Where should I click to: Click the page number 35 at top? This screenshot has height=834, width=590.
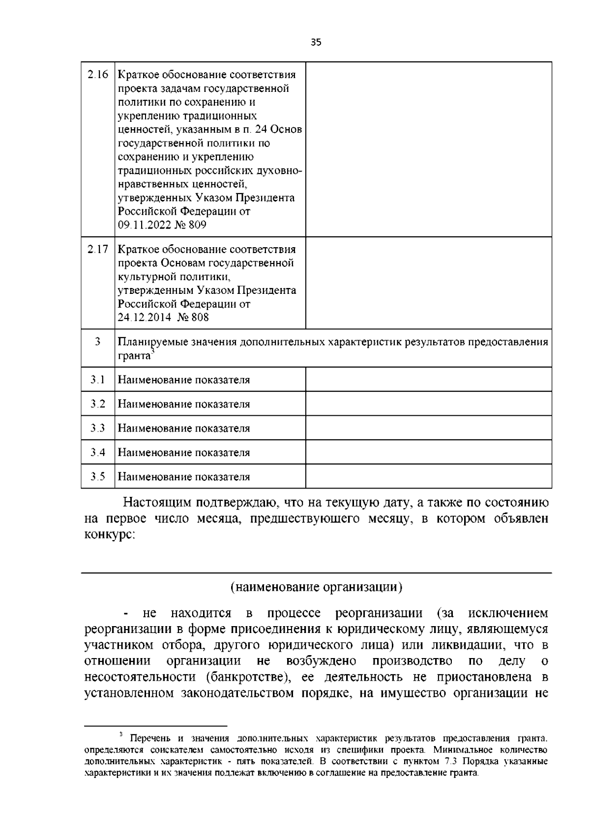[316, 42]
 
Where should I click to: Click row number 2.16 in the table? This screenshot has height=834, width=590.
[97, 75]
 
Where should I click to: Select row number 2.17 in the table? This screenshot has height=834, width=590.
[97, 249]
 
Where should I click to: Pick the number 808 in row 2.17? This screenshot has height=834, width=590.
[200, 317]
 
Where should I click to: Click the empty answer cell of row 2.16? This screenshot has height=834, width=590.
[428, 149]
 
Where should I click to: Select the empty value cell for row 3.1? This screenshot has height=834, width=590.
[428, 379]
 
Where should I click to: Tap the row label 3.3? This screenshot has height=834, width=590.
[97, 428]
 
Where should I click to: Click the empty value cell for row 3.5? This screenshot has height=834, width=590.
[428, 476]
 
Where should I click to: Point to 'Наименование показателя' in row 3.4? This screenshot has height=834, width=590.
[184, 453]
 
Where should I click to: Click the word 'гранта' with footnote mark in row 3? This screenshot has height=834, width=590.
[133, 356]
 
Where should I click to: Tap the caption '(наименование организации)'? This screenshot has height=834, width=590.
[316, 587]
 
